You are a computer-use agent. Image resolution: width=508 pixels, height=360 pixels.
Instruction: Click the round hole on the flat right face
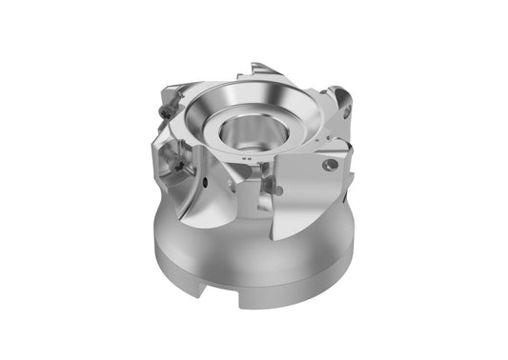click(x=331, y=165)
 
